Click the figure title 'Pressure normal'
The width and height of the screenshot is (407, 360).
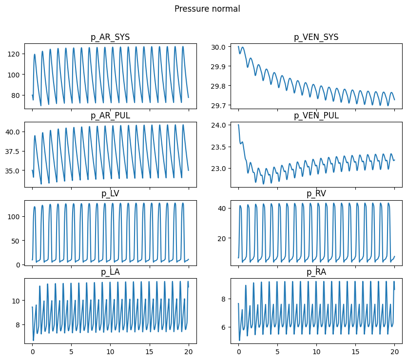pyautogui.click(x=207, y=9)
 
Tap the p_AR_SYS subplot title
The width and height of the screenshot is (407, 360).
pyautogui.click(x=110, y=37)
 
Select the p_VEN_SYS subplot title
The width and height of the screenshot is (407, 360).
pyautogui.click(x=316, y=37)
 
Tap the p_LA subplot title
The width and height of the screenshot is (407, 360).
pyautogui.click(x=110, y=272)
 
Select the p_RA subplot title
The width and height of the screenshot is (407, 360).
pyautogui.click(x=316, y=272)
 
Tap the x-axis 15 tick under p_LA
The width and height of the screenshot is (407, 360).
pyautogui.click(x=150, y=351)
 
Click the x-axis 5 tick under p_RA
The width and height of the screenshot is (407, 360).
pyautogui.click(x=277, y=351)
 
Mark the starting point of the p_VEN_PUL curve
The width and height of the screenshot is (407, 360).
pyautogui.click(x=238, y=125)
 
